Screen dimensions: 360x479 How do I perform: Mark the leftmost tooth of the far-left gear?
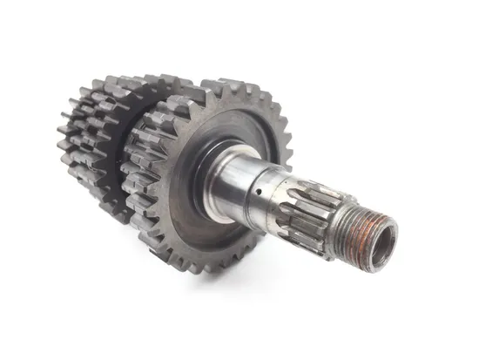62,139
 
